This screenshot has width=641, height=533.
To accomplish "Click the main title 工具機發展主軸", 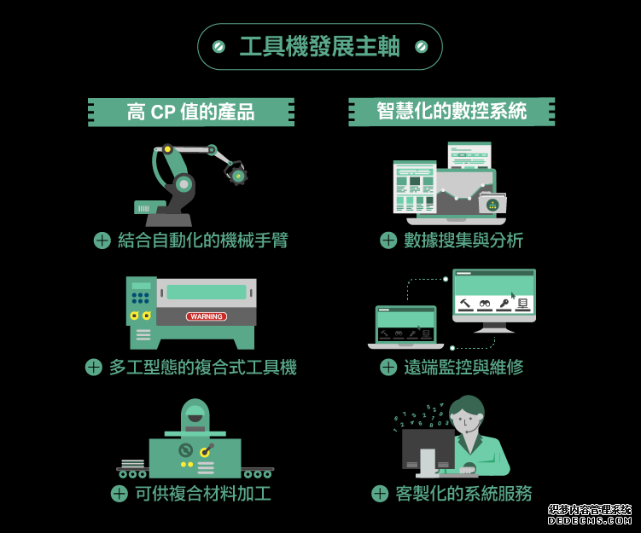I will [x=319, y=47].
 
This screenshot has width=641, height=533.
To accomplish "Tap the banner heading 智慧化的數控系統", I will [x=452, y=112].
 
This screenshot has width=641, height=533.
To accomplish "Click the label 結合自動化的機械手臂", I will [x=202, y=240].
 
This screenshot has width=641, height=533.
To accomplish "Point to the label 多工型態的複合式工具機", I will [x=202, y=368].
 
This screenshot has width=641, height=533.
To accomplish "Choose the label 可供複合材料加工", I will [x=202, y=493].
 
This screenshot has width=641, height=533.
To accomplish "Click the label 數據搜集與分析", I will [x=463, y=240].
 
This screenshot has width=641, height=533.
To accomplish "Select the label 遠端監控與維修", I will [x=463, y=368].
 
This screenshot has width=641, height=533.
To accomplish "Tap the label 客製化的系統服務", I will [x=463, y=493].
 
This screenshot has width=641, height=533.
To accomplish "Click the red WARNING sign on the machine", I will [x=207, y=316].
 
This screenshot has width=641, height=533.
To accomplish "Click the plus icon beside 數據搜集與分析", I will [x=388, y=240].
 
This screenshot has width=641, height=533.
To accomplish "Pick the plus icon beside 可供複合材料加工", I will [x=119, y=493].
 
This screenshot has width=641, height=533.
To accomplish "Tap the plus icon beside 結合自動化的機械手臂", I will [x=102, y=240].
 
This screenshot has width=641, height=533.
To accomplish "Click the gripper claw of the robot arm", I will [x=236, y=176].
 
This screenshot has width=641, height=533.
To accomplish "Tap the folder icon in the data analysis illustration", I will [x=492, y=204].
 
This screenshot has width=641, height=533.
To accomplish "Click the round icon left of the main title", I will [x=219, y=47].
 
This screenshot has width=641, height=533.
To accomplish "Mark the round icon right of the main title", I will [x=421, y=47].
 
